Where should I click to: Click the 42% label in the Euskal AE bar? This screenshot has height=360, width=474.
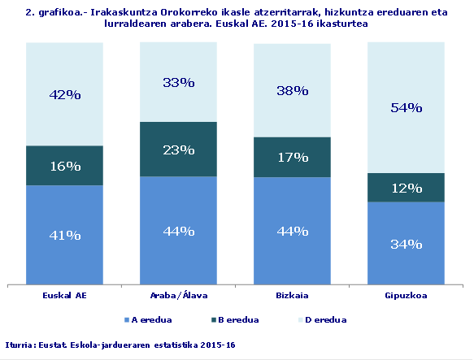(x=64, y=94)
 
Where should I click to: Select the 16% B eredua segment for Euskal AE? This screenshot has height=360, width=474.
(x=64, y=166)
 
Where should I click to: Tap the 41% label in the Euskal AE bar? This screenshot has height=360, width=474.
(x=64, y=236)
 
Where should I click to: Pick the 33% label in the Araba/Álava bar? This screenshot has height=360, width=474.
(x=178, y=82)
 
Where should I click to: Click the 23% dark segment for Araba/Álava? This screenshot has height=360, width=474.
(x=178, y=150)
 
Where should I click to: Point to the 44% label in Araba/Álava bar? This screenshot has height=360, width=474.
(x=178, y=231)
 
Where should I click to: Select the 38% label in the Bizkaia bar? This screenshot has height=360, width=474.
(x=292, y=91)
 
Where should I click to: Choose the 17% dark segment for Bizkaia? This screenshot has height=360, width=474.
(x=292, y=157)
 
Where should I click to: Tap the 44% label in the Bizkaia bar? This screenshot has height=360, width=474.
(x=292, y=231)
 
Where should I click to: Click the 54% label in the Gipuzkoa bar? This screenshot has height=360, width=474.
(x=406, y=107)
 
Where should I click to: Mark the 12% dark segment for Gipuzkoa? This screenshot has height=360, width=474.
(x=406, y=188)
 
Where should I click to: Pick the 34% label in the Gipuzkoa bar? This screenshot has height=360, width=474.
(x=406, y=244)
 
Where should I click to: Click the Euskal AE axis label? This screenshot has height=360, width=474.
(x=64, y=297)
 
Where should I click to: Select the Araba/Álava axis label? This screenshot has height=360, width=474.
(x=178, y=297)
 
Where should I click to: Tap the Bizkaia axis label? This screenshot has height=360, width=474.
(x=292, y=297)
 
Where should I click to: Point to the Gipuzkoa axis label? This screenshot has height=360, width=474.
(x=406, y=297)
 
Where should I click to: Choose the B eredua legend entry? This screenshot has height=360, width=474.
(x=237, y=319)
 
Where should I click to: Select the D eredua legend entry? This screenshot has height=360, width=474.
(x=326, y=319)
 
